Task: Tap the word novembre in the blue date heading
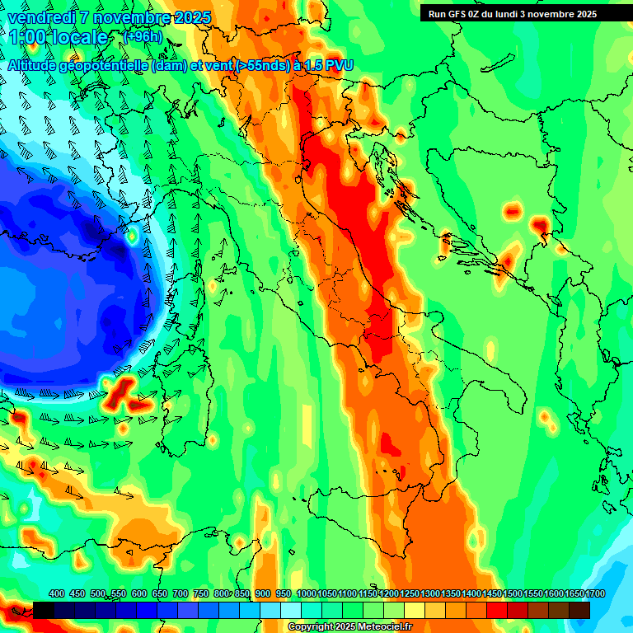[x=134, y=17]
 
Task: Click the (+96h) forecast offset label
[x=142, y=36]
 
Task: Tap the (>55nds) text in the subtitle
[x=262, y=65]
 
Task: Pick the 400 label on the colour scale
[x=57, y=593]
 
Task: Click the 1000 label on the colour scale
[x=307, y=593]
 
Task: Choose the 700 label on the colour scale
[x=181, y=593]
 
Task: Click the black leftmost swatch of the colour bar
[x=44, y=610]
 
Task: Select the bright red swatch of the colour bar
[x=497, y=610]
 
